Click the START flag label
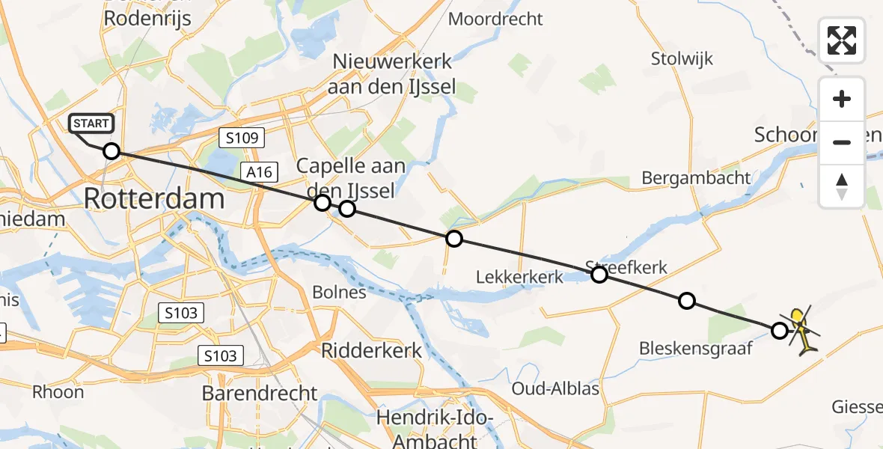pos(92,123)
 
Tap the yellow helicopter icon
pos(802,332)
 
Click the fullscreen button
pos(842,40)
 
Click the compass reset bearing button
pos(842,186)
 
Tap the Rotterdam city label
pos(154,199)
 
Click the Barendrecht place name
pos(260,393)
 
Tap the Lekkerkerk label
pos(519,278)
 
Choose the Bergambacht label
pos(696,178)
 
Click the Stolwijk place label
pos(682,58)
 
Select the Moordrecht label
pos(496,19)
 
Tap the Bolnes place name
pos(339,292)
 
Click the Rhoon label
pos(58,391)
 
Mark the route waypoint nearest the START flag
pos(111,151)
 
